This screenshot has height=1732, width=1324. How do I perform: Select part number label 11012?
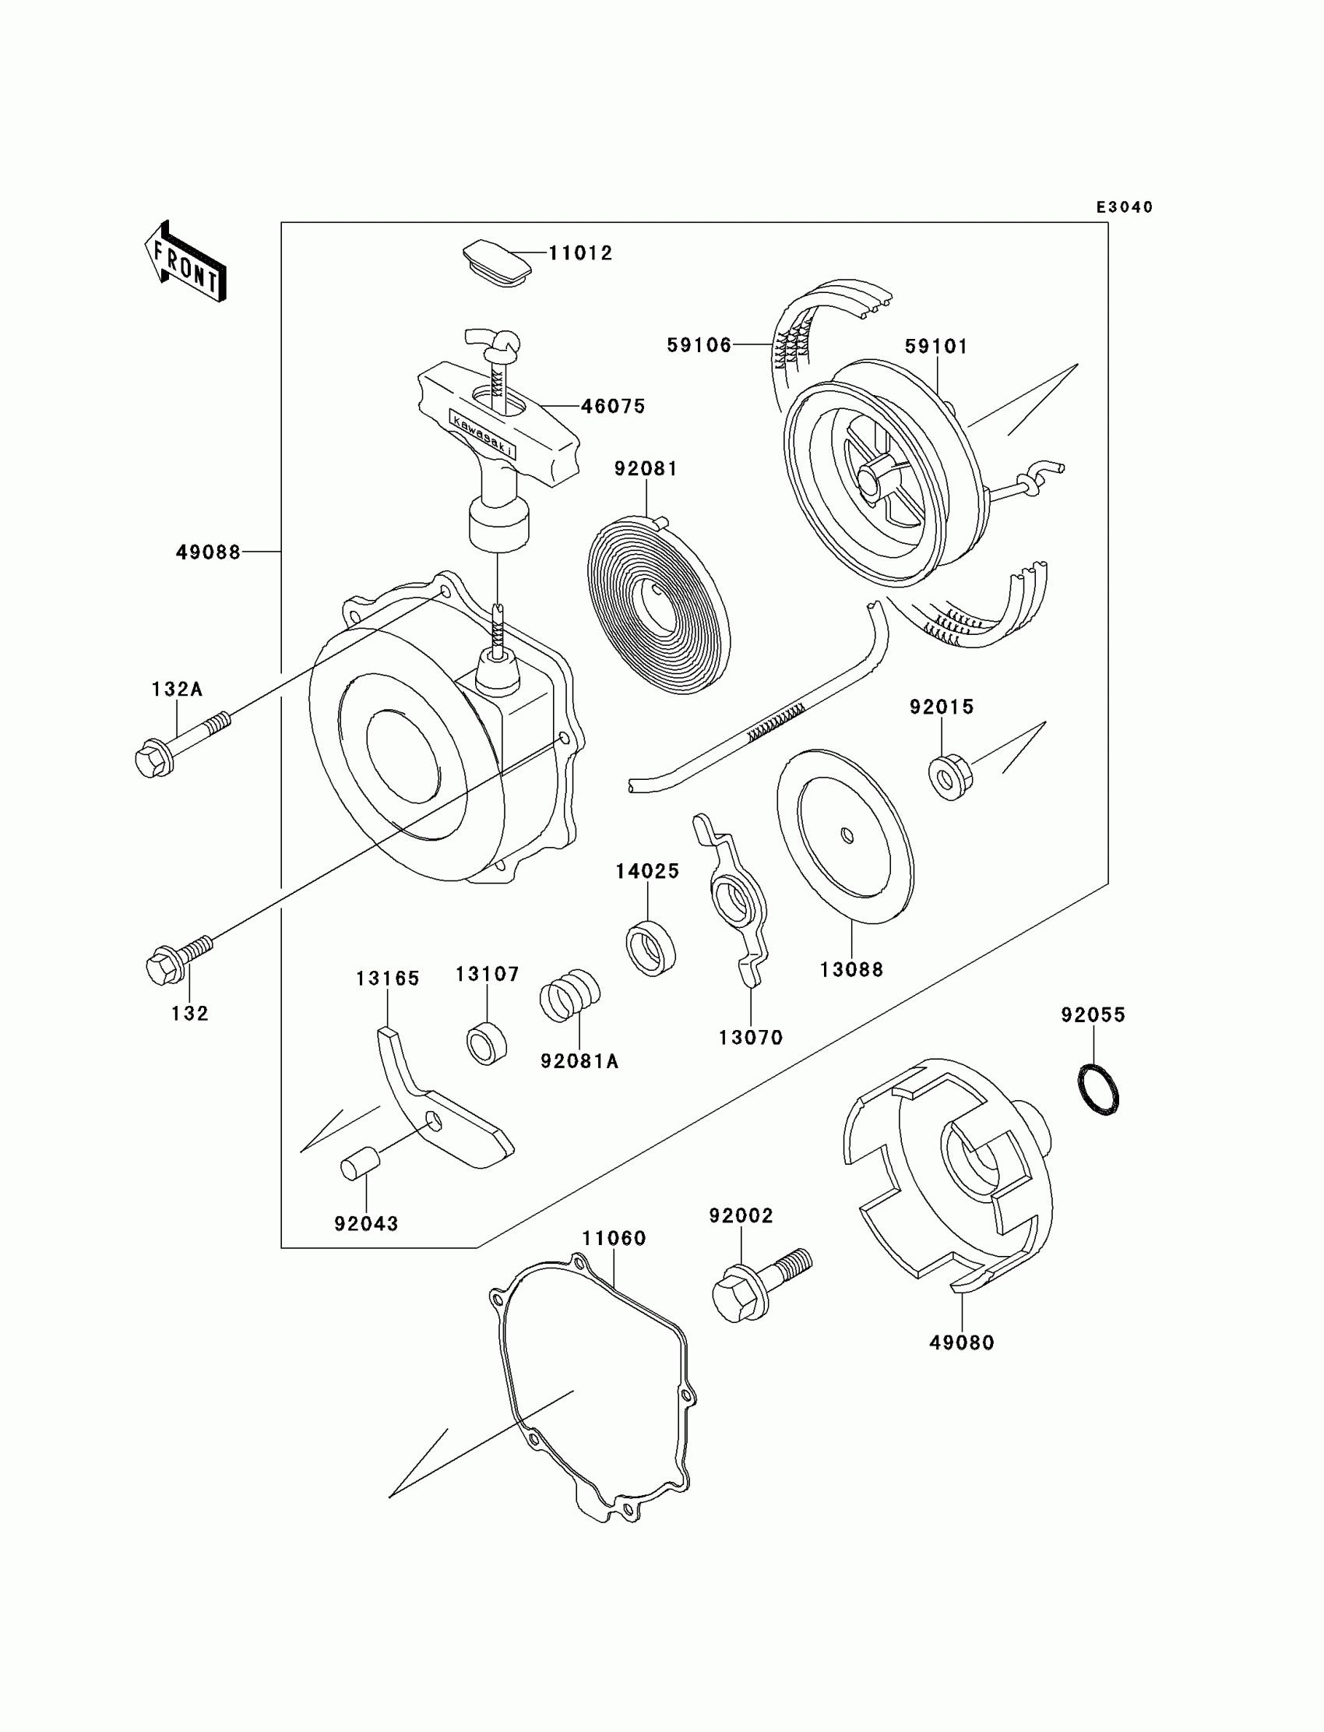point(580,253)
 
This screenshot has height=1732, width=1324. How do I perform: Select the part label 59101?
point(935,346)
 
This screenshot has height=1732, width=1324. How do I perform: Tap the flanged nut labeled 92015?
point(949,777)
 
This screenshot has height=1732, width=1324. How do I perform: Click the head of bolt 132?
point(162,968)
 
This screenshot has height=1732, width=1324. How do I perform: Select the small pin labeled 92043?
point(360,1166)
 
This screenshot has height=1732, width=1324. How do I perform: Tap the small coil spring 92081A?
point(569,996)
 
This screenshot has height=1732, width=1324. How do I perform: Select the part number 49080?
point(962,1342)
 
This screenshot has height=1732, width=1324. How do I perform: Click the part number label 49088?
point(208,552)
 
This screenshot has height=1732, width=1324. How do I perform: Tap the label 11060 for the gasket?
point(614,1239)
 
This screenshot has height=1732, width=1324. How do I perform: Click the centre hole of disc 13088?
point(847,835)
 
